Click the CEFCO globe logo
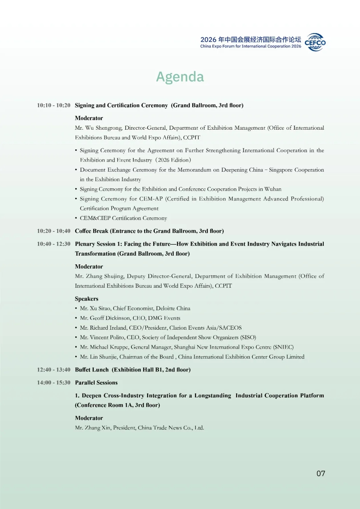(x=315, y=42)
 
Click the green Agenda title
(x=180, y=77)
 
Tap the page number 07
(x=321, y=473)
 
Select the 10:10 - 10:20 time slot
(x=54, y=105)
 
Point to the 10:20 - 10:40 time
(x=54, y=231)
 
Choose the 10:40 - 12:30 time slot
(x=54, y=244)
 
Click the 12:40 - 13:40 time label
(x=54, y=370)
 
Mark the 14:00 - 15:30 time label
(x=54, y=383)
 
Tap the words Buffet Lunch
(x=92, y=370)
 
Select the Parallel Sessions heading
(x=96, y=383)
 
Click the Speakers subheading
(x=87, y=299)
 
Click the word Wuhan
(x=273, y=189)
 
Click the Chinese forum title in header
(x=251, y=40)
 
